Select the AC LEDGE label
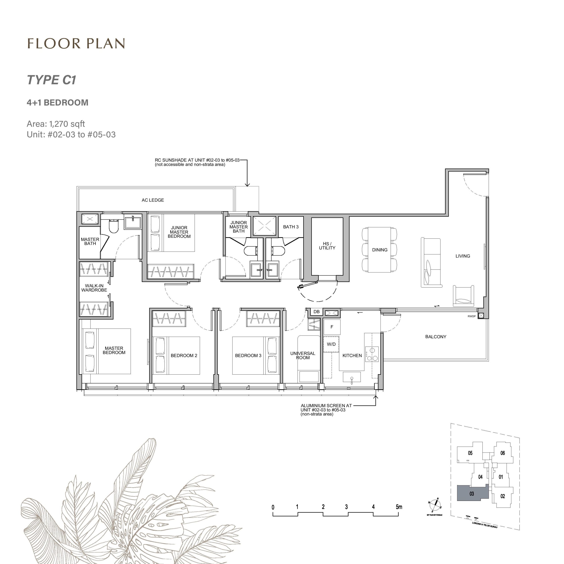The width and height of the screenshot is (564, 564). coord(153,200)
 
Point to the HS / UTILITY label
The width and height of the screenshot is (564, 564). coord(327,246)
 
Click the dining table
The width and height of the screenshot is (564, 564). coord(379,250)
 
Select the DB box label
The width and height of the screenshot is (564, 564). coord(317,312)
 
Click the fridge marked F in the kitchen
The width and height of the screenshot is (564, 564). coord(332,327)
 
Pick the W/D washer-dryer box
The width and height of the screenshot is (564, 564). coord(331,344)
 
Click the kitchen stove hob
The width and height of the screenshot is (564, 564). coord(372,354)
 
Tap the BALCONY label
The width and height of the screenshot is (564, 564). coord(435,337)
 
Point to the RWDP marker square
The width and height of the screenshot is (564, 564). coord(481,315)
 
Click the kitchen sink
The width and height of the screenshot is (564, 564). coord(352,377)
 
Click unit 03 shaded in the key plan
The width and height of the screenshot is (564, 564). coord(471,494)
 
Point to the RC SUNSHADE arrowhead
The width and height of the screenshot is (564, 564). coord(247,184)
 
